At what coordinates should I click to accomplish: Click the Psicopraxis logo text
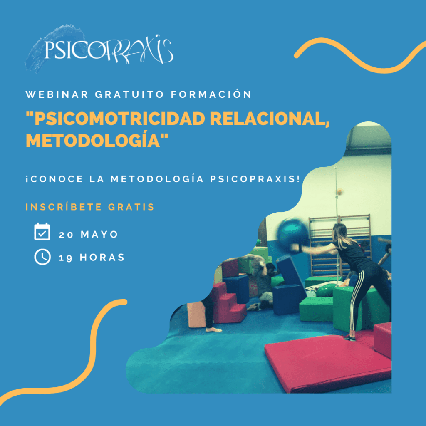click(x=109, y=50)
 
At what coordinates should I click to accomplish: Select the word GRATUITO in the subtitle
click(x=129, y=94)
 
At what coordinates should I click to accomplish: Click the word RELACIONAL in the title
click(x=270, y=119)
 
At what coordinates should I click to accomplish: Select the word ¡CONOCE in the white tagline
click(x=54, y=179)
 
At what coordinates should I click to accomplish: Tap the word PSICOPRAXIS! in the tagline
click(x=255, y=179)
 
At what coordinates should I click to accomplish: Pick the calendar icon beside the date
click(x=42, y=231)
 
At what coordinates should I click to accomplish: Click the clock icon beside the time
click(x=42, y=257)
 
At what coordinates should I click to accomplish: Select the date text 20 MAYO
click(x=89, y=234)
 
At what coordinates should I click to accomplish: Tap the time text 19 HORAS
click(x=92, y=257)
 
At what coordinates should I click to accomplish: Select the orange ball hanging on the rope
click(x=339, y=192)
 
